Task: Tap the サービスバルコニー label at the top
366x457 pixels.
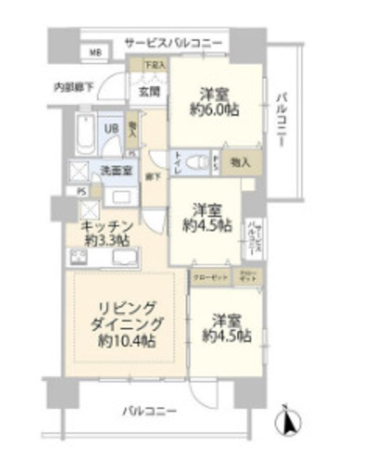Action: pos(173,43)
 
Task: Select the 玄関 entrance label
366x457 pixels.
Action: pos(149,90)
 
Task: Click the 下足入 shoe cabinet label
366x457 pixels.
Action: pos(153,64)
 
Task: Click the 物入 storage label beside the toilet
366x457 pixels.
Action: pos(240,162)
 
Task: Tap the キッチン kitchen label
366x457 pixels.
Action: pos(107,227)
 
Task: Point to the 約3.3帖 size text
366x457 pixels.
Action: pos(107,241)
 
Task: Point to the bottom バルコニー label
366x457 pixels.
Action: pos(149,412)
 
